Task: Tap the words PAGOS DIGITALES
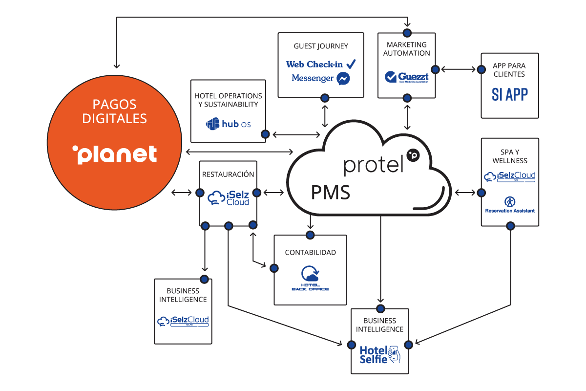coord(115,111)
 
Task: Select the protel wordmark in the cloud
coord(375,165)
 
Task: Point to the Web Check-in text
coord(315,64)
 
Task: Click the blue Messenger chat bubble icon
coord(343,79)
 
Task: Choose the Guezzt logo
coord(406,77)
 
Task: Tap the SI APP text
coord(509,94)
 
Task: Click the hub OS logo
coord(229,124)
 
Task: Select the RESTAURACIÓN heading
coord(228,174)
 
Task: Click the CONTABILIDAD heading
coord(310,253)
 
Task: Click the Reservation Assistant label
coord(510,211)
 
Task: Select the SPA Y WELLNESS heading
coord(510,156)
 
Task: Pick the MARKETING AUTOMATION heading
coord(406,49)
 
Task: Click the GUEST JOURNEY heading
coord(321,46)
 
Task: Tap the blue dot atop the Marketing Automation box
coord(407,33)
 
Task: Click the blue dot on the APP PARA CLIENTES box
coord(481,70)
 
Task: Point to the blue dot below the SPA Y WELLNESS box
coord(510,226)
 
